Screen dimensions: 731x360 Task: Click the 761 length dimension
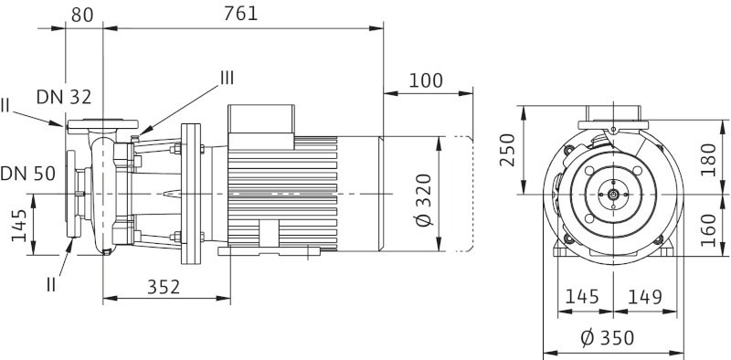pos(240,14)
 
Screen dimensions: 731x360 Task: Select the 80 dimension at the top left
pos(82,15)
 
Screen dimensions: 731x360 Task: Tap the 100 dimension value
pos(426,80)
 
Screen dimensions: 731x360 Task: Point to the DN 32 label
pos(64,97)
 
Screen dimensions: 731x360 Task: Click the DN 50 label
pos(28,174)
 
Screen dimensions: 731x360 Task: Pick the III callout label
pos(227,78)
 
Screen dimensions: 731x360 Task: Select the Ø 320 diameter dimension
pos(424,200)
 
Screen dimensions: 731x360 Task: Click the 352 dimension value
pos(164,287)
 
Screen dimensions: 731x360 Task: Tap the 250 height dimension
pos(507,150)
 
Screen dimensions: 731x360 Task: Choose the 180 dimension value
pos(708,160)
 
